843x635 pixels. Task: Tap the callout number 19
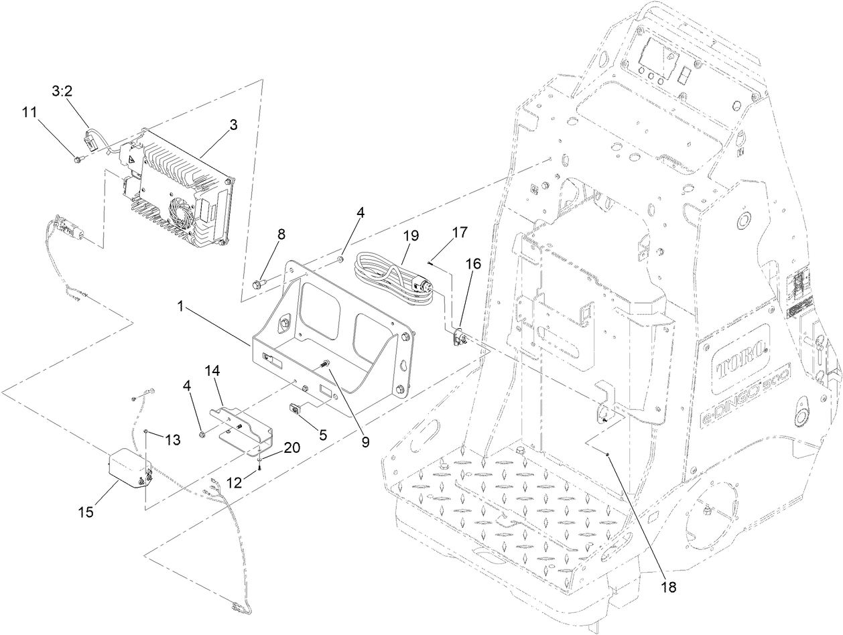pos(411,235)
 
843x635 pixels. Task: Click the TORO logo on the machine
pos(737,362)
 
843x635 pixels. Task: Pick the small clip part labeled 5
pos(298,408)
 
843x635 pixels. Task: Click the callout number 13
pos(173,439)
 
